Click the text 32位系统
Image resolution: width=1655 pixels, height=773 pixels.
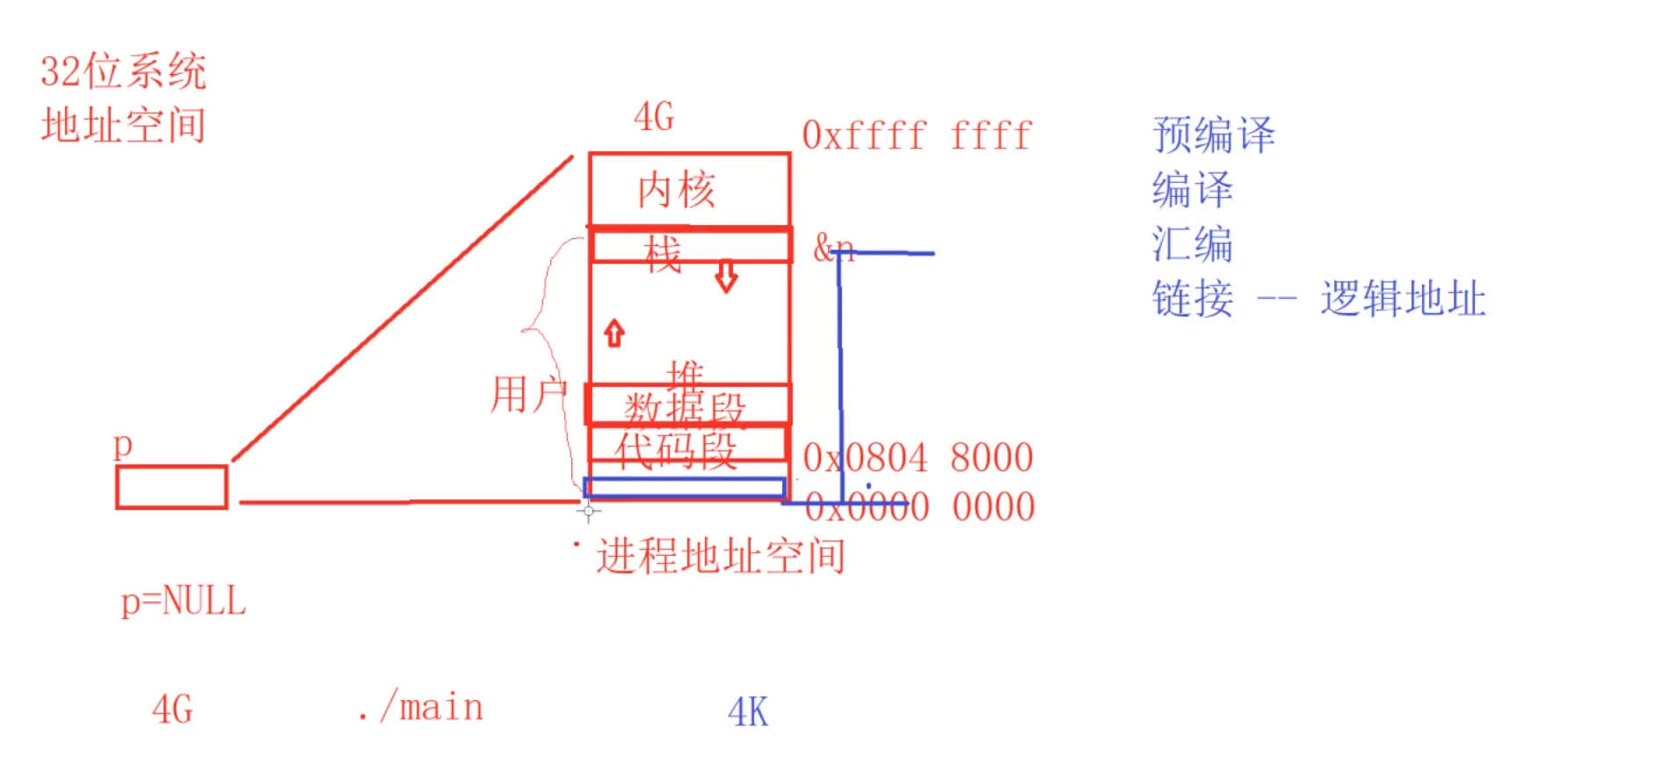coord(123,71)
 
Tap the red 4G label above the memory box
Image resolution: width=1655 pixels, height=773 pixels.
coord(654,117)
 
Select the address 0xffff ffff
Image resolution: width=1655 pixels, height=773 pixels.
coord(916,136)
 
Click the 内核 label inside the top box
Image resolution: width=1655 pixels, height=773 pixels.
coord(676,190)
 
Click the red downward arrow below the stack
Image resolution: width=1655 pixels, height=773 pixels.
coord(726,276)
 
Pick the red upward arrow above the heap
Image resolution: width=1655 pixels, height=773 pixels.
coord(613,333)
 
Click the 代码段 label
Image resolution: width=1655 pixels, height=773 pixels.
coord(675,450)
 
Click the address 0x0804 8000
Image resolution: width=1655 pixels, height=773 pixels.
coord(918,458)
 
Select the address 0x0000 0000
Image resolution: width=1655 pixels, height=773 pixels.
coord(919,507)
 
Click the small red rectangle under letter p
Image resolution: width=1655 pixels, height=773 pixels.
coord(171,487)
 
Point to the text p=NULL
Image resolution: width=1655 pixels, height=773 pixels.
coord(183,602)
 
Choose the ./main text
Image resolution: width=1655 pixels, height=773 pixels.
coord(421,708)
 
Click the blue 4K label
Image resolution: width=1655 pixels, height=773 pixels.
coord(748,712)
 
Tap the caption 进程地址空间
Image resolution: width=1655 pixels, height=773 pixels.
coord(721,557)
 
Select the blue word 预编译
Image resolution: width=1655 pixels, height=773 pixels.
coord(1213,135)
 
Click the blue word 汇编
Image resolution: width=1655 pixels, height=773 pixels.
coord(1192,244)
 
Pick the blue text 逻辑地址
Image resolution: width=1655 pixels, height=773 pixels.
coord(1403,299)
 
